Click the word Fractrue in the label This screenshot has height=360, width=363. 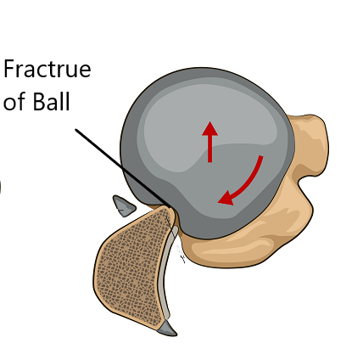[47, 69]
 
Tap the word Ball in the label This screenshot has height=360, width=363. [51, 101]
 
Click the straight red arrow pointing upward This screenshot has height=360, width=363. [209, 142]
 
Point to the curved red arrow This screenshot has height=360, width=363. [249, 185]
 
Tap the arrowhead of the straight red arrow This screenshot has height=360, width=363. [209, 128]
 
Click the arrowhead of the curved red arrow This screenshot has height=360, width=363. [226, 198]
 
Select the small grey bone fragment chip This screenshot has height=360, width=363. [124, 205]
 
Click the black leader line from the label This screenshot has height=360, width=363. [123, 169]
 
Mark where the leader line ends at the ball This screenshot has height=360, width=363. [170, 208]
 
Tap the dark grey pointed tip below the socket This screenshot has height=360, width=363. [167, 329]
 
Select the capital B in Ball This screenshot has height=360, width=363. [39, 101]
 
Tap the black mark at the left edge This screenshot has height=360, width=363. [1, 187]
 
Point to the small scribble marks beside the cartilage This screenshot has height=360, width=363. [181, 252]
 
